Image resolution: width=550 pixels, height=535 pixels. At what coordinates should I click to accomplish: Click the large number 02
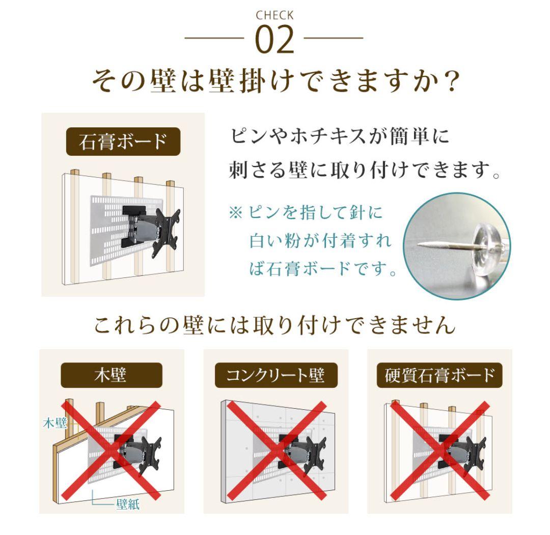pos(274,40)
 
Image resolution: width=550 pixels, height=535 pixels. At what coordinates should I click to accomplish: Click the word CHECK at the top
pos(274,15)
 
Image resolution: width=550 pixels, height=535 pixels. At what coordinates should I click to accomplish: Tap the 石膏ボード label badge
pos(123,142)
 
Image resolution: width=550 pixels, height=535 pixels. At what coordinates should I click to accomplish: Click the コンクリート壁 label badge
pos(276,376)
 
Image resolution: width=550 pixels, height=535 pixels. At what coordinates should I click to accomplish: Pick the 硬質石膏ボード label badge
pos(439,376)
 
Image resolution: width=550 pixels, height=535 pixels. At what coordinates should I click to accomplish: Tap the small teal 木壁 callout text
pos(54,423)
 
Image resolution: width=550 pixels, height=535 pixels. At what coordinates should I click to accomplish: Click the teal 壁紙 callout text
pos(127,505)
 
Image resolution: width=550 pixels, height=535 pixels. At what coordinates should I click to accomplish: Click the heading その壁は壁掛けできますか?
pos(274,82)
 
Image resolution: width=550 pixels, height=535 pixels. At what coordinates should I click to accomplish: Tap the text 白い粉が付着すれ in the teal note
pos(320,241)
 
